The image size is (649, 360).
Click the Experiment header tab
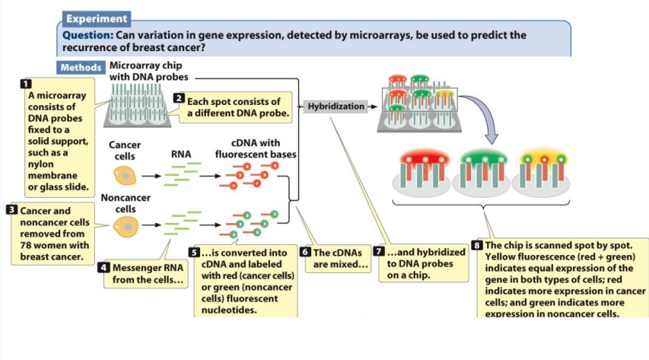(96, 18)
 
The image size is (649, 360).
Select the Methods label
(81, 67)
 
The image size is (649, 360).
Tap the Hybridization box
(336, 107)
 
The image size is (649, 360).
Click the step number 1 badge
(26, 83)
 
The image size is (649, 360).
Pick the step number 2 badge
(179, 98)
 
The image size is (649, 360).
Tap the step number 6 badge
(306, 252)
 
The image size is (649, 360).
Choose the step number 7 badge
(380, 252)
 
